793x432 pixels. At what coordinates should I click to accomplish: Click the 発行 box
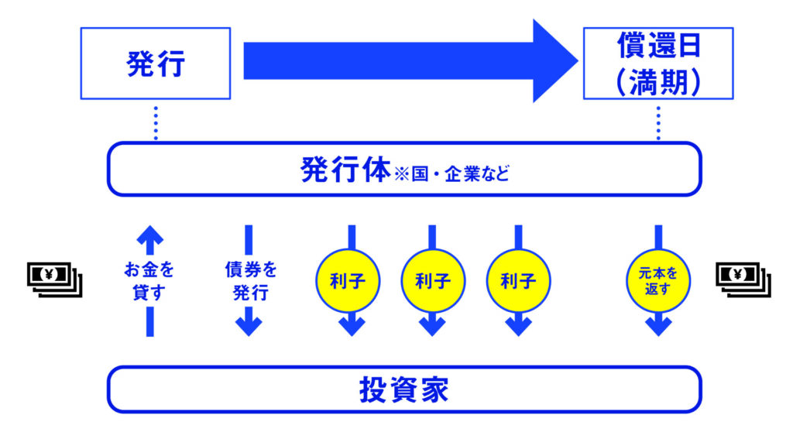(x=156, y=63)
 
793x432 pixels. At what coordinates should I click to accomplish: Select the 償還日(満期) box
(x=657, y=63)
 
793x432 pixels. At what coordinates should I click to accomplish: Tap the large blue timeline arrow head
(x=554, y=60)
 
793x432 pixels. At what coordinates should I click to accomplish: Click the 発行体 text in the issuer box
(x=345, y=170)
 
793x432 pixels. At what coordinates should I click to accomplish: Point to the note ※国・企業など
(x=451, y=172)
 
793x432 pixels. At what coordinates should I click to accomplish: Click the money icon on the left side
(x=53, y=279)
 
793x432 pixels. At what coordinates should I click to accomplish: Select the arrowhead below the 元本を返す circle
(x=657, y=325)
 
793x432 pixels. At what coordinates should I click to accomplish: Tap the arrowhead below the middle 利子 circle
(x=432, y=325)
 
